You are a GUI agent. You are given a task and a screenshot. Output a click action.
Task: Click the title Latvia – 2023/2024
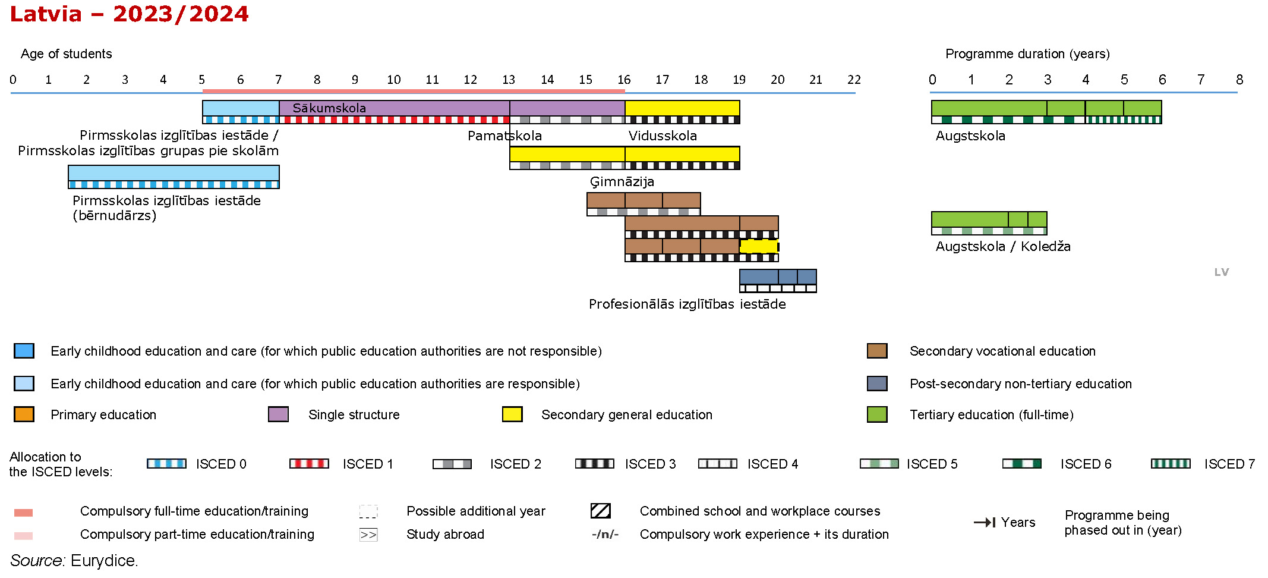129,14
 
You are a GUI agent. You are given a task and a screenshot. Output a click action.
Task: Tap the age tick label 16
624,80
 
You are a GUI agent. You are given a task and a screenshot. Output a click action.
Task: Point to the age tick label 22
854,80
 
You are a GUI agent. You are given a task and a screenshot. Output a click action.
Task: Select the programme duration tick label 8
1239,80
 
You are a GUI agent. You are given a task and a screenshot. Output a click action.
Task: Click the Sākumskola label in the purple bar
329,108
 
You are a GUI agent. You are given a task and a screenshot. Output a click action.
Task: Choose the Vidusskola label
663,136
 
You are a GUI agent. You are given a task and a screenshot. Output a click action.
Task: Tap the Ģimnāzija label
622,182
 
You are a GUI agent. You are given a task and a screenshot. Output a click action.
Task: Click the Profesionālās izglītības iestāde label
687,304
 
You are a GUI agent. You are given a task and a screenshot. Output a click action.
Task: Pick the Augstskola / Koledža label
1003,247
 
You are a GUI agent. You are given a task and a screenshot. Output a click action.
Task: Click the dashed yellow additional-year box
759,246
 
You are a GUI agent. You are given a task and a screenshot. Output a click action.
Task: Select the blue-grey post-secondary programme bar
778,277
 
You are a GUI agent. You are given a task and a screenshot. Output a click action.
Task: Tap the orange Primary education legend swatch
24,414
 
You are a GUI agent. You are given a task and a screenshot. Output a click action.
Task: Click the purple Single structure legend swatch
278,414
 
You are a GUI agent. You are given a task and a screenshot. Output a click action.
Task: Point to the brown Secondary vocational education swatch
877,351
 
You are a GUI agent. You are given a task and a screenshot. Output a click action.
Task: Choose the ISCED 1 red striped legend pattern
309,464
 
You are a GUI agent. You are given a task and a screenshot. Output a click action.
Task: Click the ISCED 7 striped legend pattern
1170,464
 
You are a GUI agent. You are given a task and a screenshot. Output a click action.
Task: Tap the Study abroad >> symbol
368,535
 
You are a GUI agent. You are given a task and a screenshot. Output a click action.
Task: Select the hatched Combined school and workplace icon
601,511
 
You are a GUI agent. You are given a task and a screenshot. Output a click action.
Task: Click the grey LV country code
1221,272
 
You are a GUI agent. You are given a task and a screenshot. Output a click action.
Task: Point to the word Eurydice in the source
103,561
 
